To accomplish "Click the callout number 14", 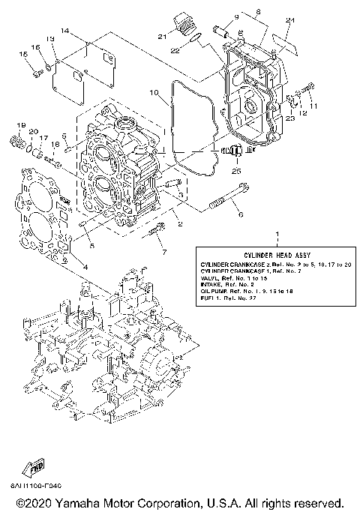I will (65, 31).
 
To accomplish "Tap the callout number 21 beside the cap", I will (161, 36).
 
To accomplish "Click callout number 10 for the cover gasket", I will (154, 94).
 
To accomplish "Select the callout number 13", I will (50, 38).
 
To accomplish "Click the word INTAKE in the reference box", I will (213, 286).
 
